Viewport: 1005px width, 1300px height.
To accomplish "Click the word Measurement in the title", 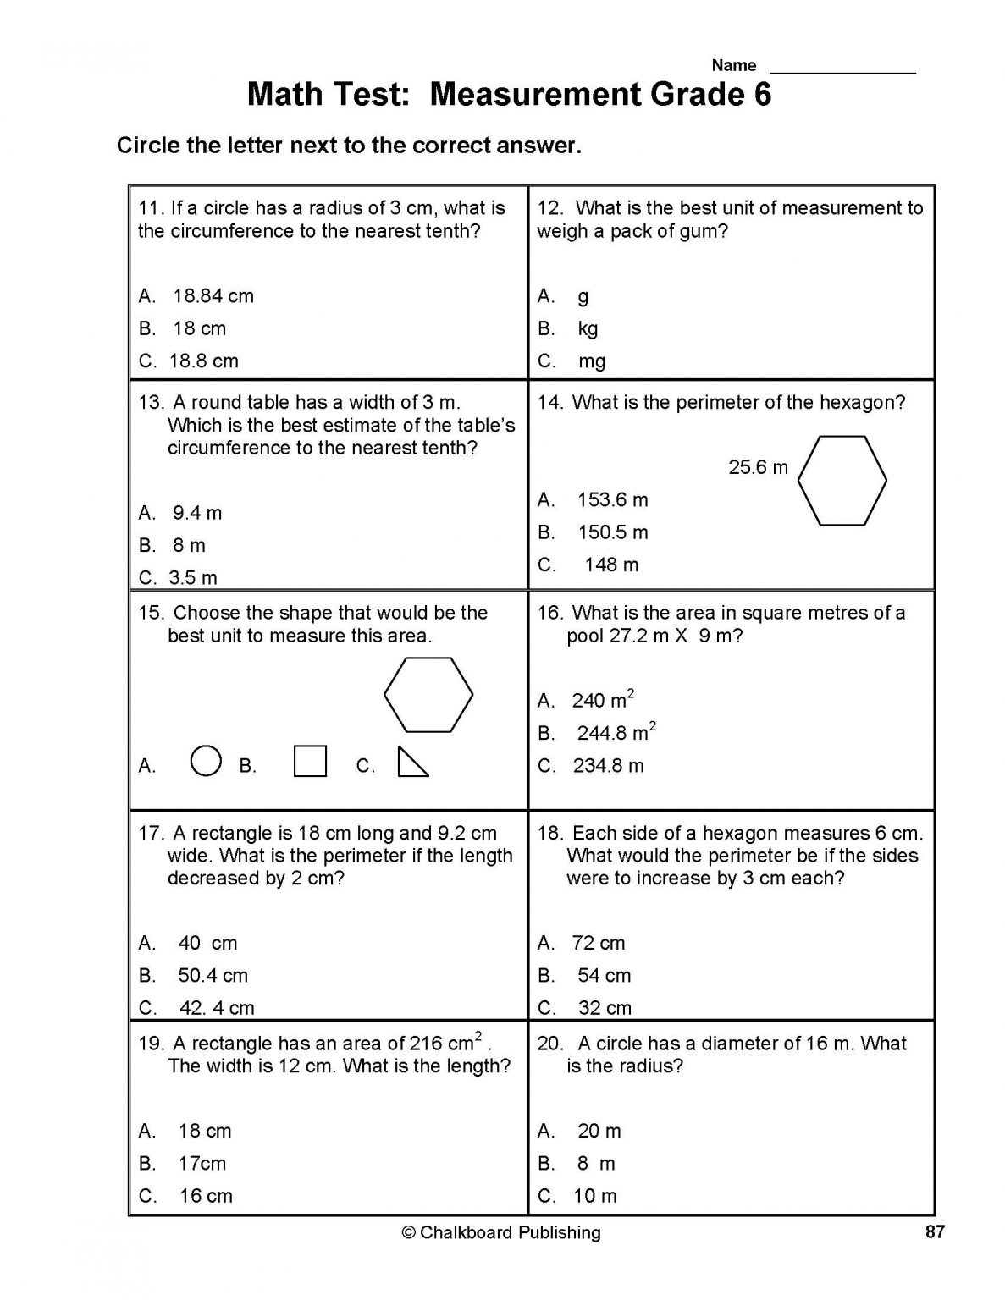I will click(535, 95).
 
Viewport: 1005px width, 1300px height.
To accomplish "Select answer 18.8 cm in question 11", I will click(203, 361).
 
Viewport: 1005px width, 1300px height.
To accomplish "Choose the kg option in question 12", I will click(588, 329).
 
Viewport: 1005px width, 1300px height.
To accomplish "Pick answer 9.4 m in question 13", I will click(197, 513).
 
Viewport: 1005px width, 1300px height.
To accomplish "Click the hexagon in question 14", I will click(842, 481).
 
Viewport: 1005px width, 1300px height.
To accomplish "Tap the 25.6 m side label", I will click(758, 467).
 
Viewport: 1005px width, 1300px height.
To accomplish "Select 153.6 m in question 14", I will click(612, 500).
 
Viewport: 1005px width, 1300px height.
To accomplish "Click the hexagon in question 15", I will click(428, 694).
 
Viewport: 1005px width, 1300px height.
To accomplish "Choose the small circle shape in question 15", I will click(207, 760).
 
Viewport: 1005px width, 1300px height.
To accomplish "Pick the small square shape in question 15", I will click(310, 761).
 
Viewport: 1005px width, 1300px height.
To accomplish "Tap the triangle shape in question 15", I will click(411, 762).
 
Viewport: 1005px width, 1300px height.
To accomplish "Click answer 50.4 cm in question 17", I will click(213, 976).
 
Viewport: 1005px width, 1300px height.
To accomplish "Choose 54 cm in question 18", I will click(604, 976).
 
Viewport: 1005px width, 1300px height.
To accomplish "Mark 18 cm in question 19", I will click(205, 1132).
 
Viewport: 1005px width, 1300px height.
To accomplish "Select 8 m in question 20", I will click(596, 1164).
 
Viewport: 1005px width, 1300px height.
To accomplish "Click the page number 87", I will click(934, 1232).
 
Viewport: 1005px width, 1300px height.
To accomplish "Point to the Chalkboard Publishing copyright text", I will click(501, 1233).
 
